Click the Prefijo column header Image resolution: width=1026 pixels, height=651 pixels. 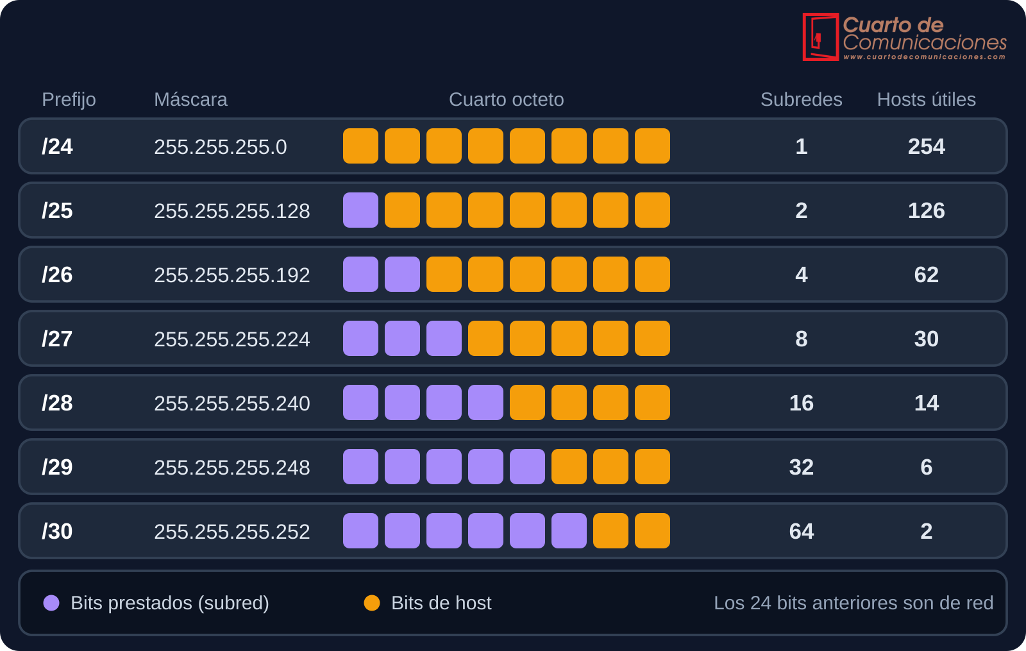(69, 100)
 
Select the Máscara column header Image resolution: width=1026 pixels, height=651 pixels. (190, 99)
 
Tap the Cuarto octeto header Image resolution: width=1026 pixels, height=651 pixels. (506, 99)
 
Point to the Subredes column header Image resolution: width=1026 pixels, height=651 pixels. (801, 99)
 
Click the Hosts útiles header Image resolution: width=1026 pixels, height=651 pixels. (926, 99)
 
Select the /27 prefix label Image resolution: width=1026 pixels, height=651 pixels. (57, 339)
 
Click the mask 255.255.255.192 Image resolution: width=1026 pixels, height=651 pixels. (231, 275)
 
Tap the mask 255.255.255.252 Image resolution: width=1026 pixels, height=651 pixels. (231, 532)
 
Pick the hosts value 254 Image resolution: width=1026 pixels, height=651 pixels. (926, 147)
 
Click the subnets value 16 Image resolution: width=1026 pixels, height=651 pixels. (801, 403)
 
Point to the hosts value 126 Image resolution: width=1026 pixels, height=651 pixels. (926, 211)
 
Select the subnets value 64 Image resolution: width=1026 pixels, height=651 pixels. (801, 532)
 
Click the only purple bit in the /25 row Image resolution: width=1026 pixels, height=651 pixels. (360, 210)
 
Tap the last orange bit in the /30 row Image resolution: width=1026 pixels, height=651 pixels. (652, 531)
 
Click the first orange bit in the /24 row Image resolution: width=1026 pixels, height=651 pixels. (360, 146)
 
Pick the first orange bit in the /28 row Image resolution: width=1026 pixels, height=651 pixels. (527, 403)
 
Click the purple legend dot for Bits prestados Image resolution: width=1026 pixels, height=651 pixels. (51, 603)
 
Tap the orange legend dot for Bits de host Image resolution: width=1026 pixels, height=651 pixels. (372, 603)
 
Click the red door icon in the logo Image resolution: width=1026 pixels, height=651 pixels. (821, 37)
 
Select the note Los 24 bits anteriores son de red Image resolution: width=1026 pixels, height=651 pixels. (854, 603)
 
